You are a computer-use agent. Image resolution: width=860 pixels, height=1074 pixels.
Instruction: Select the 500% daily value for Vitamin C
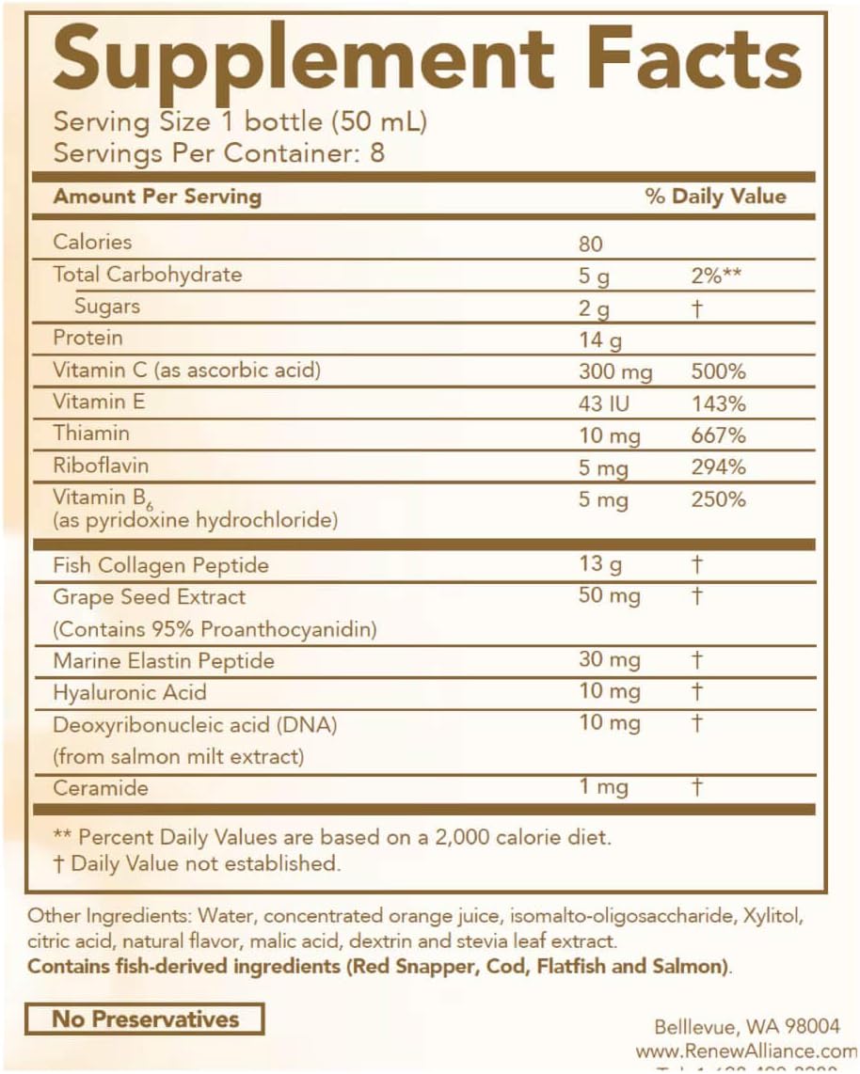point(718,371)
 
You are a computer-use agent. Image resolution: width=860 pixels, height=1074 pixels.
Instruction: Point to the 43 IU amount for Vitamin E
point(605,404)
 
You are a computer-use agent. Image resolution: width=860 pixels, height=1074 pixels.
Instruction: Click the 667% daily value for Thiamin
point(717,435)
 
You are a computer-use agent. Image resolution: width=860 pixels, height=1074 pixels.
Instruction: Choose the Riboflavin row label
point(101,466)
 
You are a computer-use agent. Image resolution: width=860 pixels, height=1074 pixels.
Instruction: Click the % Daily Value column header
point(715,197)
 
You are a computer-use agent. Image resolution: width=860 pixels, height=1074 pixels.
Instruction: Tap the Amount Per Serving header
point(157,197)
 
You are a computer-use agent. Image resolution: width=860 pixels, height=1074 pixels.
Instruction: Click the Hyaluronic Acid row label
point(129,692)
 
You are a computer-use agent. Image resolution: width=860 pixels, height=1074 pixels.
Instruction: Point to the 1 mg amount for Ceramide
point(603,788)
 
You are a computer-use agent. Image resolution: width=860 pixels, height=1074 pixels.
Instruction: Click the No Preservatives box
point(144,1019)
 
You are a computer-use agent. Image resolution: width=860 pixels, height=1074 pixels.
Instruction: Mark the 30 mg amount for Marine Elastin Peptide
point(609,660)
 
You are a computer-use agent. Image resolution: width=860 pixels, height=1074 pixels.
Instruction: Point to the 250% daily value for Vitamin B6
point(717,499)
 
